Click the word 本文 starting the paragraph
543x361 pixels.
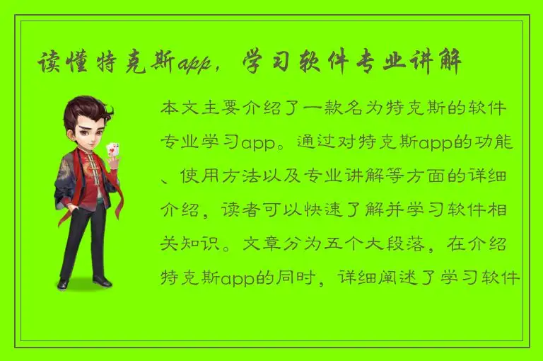click(x=181, y=110)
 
